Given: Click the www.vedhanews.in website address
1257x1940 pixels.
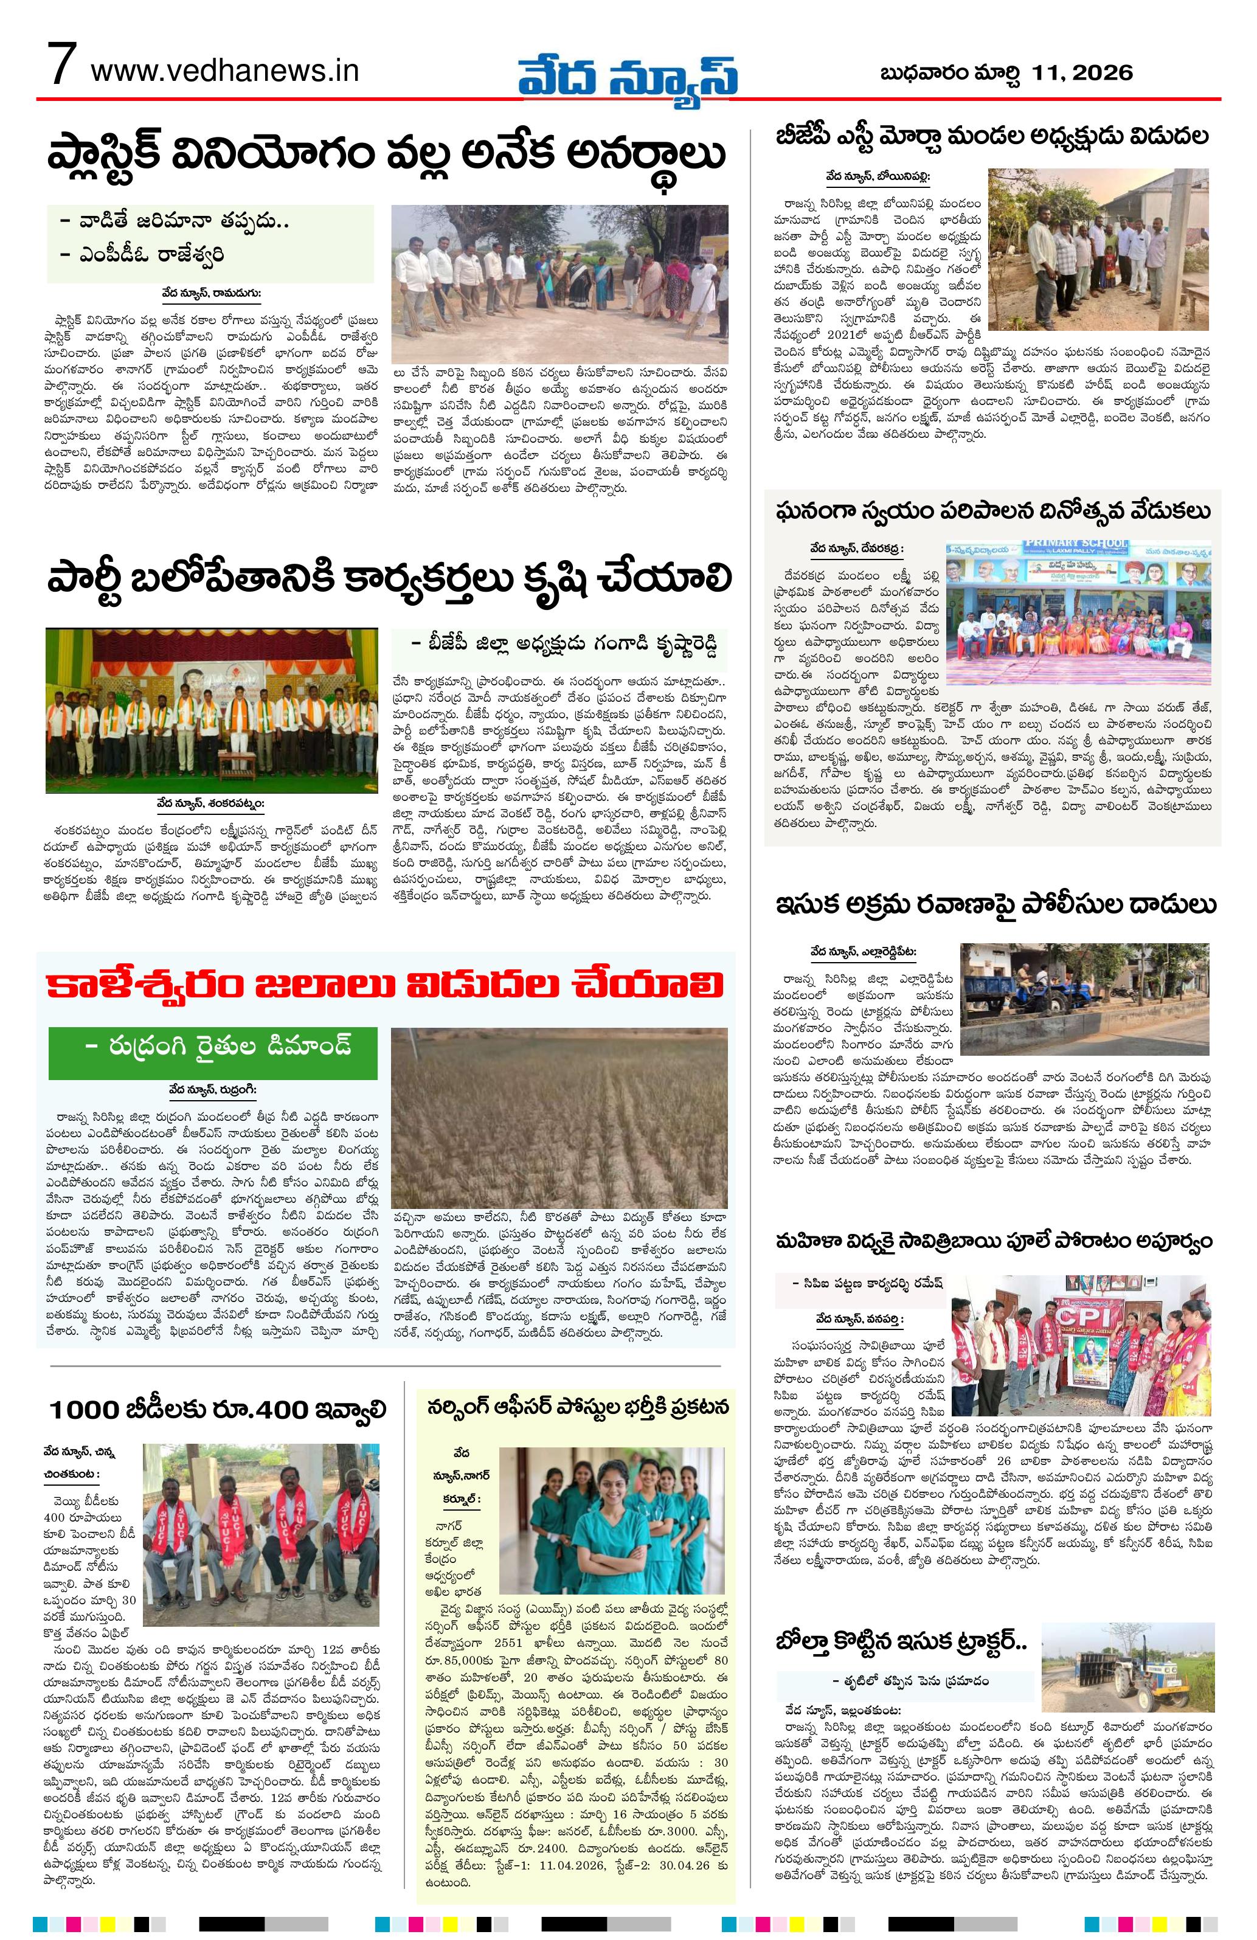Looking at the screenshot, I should [x=225, y=71].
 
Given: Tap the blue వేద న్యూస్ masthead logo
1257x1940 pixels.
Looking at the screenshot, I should [x=629, y=75].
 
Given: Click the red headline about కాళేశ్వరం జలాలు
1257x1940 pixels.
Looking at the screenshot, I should [x=386, y=985].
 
